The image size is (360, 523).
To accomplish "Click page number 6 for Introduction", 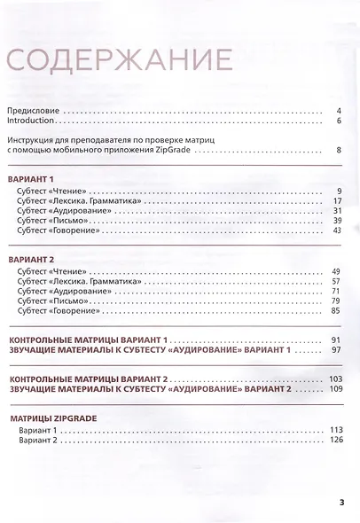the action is click(x=339, y=121).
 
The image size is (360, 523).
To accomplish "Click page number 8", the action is click(x=339, y=151).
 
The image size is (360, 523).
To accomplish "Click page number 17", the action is click(x=337, y=201).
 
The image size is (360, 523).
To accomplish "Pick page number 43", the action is click(x=337, y=230).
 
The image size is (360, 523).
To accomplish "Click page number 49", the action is click(x=337, y=270).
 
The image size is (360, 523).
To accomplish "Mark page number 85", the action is click(x=337, y=310).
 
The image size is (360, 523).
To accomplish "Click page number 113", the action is click(x=335, y=430).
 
